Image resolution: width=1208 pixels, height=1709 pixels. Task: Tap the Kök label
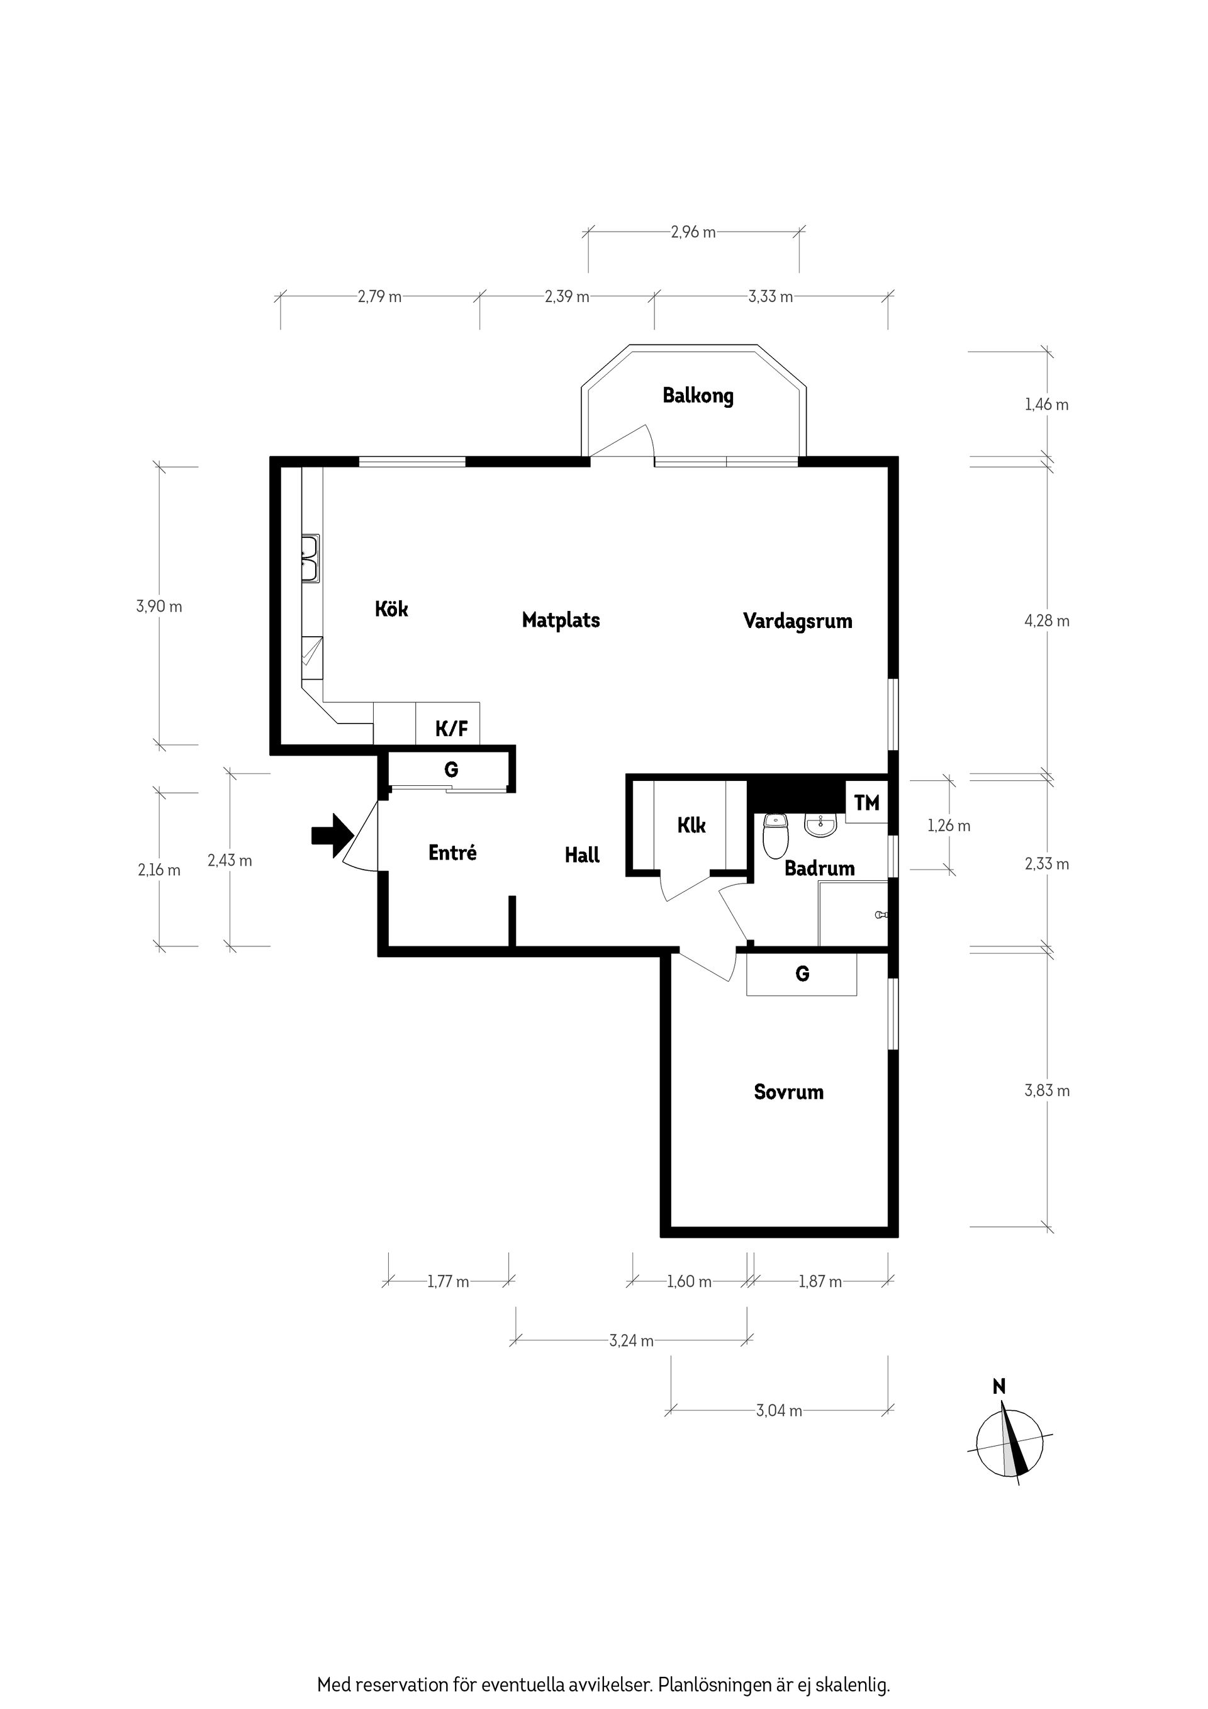391,609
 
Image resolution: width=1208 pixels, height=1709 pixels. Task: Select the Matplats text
561,620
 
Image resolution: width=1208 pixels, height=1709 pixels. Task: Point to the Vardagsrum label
797,621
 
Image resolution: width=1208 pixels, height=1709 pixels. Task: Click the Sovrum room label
788,1092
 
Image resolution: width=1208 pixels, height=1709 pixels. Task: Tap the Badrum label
819,868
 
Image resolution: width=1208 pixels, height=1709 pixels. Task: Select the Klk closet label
691,825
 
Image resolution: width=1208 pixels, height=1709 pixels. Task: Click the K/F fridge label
452,729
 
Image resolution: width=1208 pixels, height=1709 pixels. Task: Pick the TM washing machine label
866,802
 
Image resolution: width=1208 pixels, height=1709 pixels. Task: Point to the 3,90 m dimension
159,606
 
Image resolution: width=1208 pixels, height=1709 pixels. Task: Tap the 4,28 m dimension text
1047,621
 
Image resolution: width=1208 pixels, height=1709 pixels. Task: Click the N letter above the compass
999,1386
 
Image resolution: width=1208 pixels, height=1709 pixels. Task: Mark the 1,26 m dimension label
949,826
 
